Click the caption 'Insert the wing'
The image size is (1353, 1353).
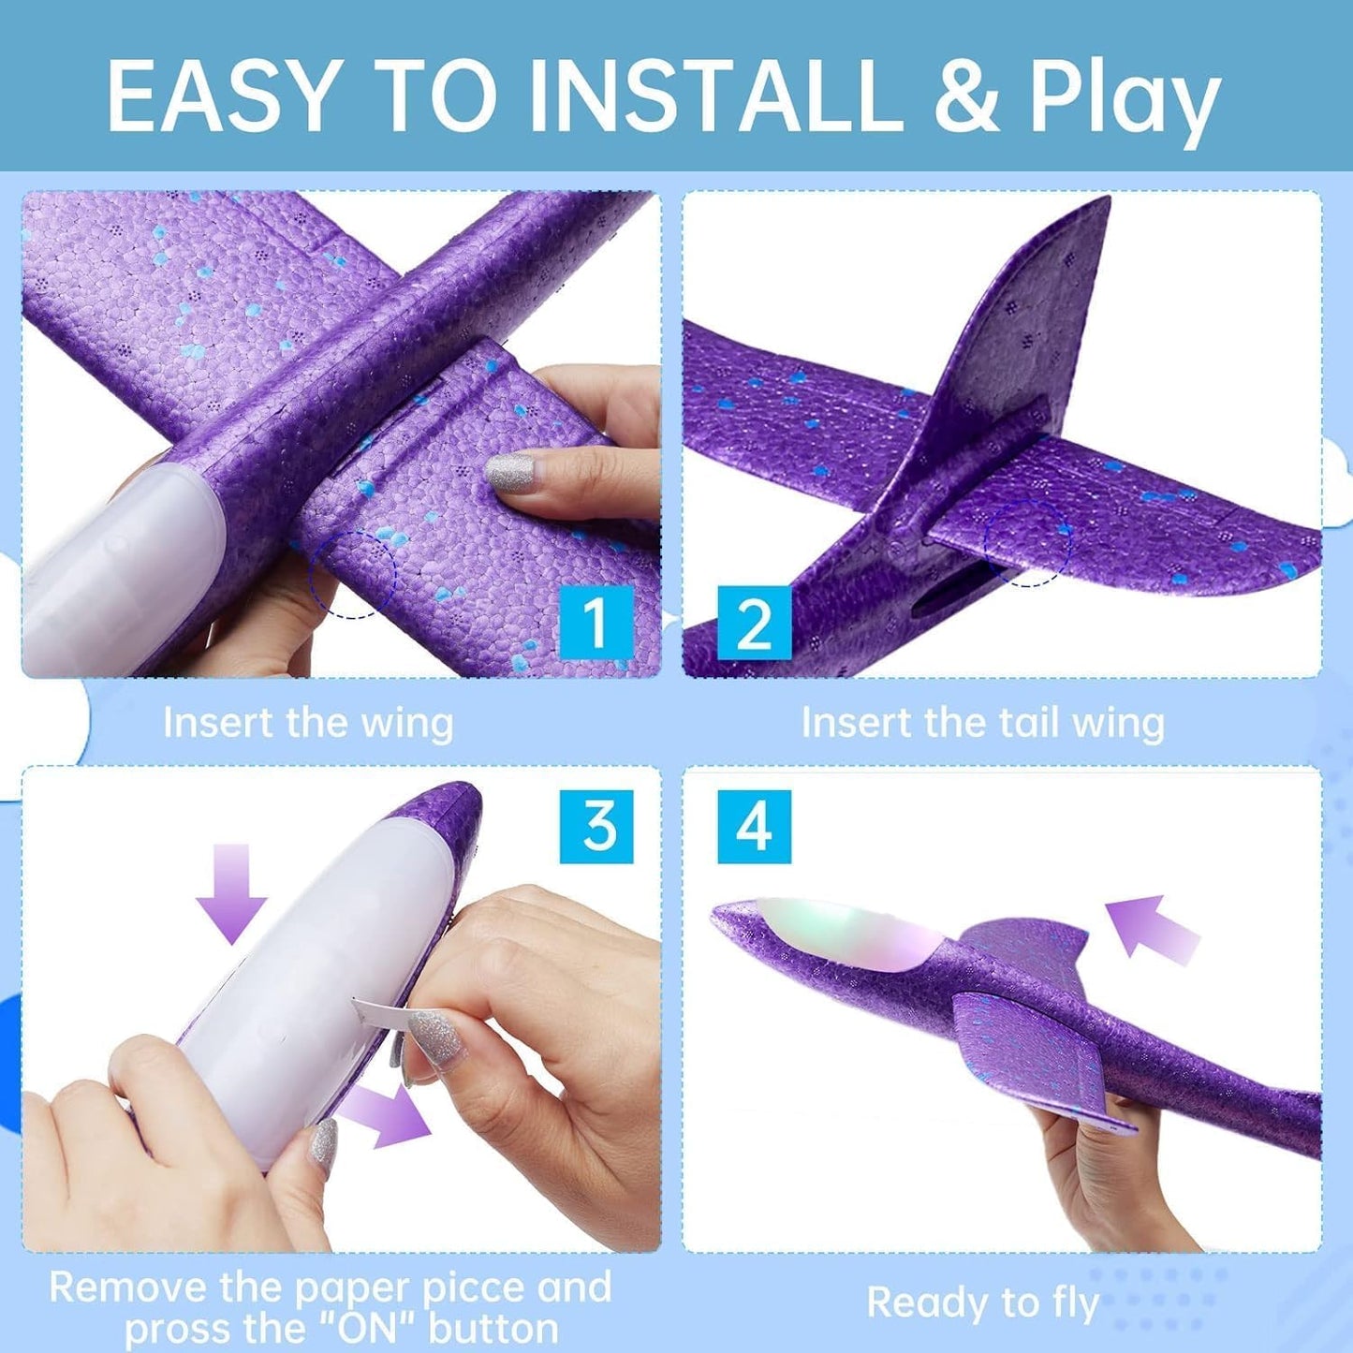308,723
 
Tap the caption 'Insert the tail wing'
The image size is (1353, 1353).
983,723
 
